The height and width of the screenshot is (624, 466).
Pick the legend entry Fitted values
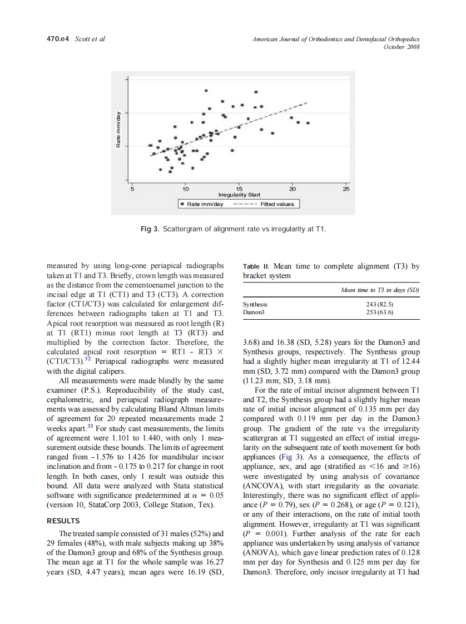click(x=276, y=204)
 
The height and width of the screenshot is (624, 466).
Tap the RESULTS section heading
click(x=63, y=521)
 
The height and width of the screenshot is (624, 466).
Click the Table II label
click(x=256, y=266)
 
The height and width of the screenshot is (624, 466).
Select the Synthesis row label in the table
click(x=255, y=305)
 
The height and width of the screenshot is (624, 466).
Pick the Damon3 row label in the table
click(x=254, y=312)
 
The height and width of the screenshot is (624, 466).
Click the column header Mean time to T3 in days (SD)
click(x=379, y=290)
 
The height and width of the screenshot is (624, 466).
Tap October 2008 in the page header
click(x=401, y=47)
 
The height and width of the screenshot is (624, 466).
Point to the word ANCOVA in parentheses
click(x=266, y=486)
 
